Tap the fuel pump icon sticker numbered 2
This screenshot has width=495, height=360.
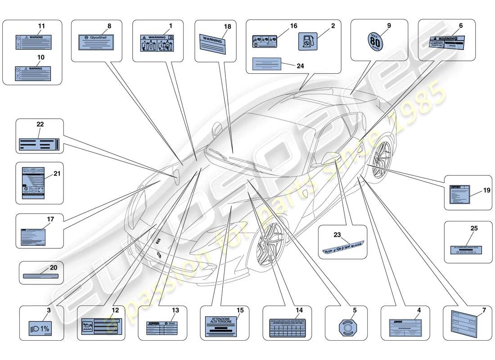pos(308,42)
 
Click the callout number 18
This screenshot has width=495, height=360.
pos(228,27)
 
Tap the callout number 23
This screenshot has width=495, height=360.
pos(337,234)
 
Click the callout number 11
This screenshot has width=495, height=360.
pos(41,27)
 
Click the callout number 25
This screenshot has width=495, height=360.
pos(474,229)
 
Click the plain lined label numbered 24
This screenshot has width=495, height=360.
pos(267,64)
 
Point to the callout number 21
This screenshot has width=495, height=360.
pos(57,173)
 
